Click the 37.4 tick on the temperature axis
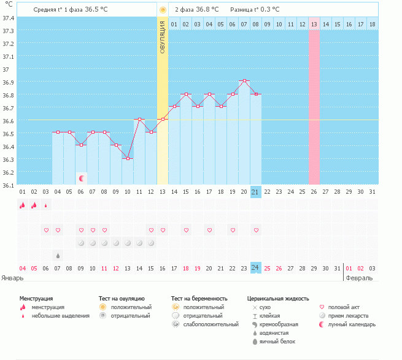pos(9,18)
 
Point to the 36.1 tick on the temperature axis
pos(9,185)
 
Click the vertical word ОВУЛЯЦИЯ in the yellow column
pos(163,36)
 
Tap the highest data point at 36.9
pos(244,81)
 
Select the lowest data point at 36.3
pos(128,158)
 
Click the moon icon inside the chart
pos(81,178)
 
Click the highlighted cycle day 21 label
pos(256,192)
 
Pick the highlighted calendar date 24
pos(256,268)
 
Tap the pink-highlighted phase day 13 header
pos(314,24)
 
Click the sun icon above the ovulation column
pos(163,10)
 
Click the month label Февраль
pos(359,278)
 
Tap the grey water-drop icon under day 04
pos(58,255)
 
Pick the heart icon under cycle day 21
pos(256,230)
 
